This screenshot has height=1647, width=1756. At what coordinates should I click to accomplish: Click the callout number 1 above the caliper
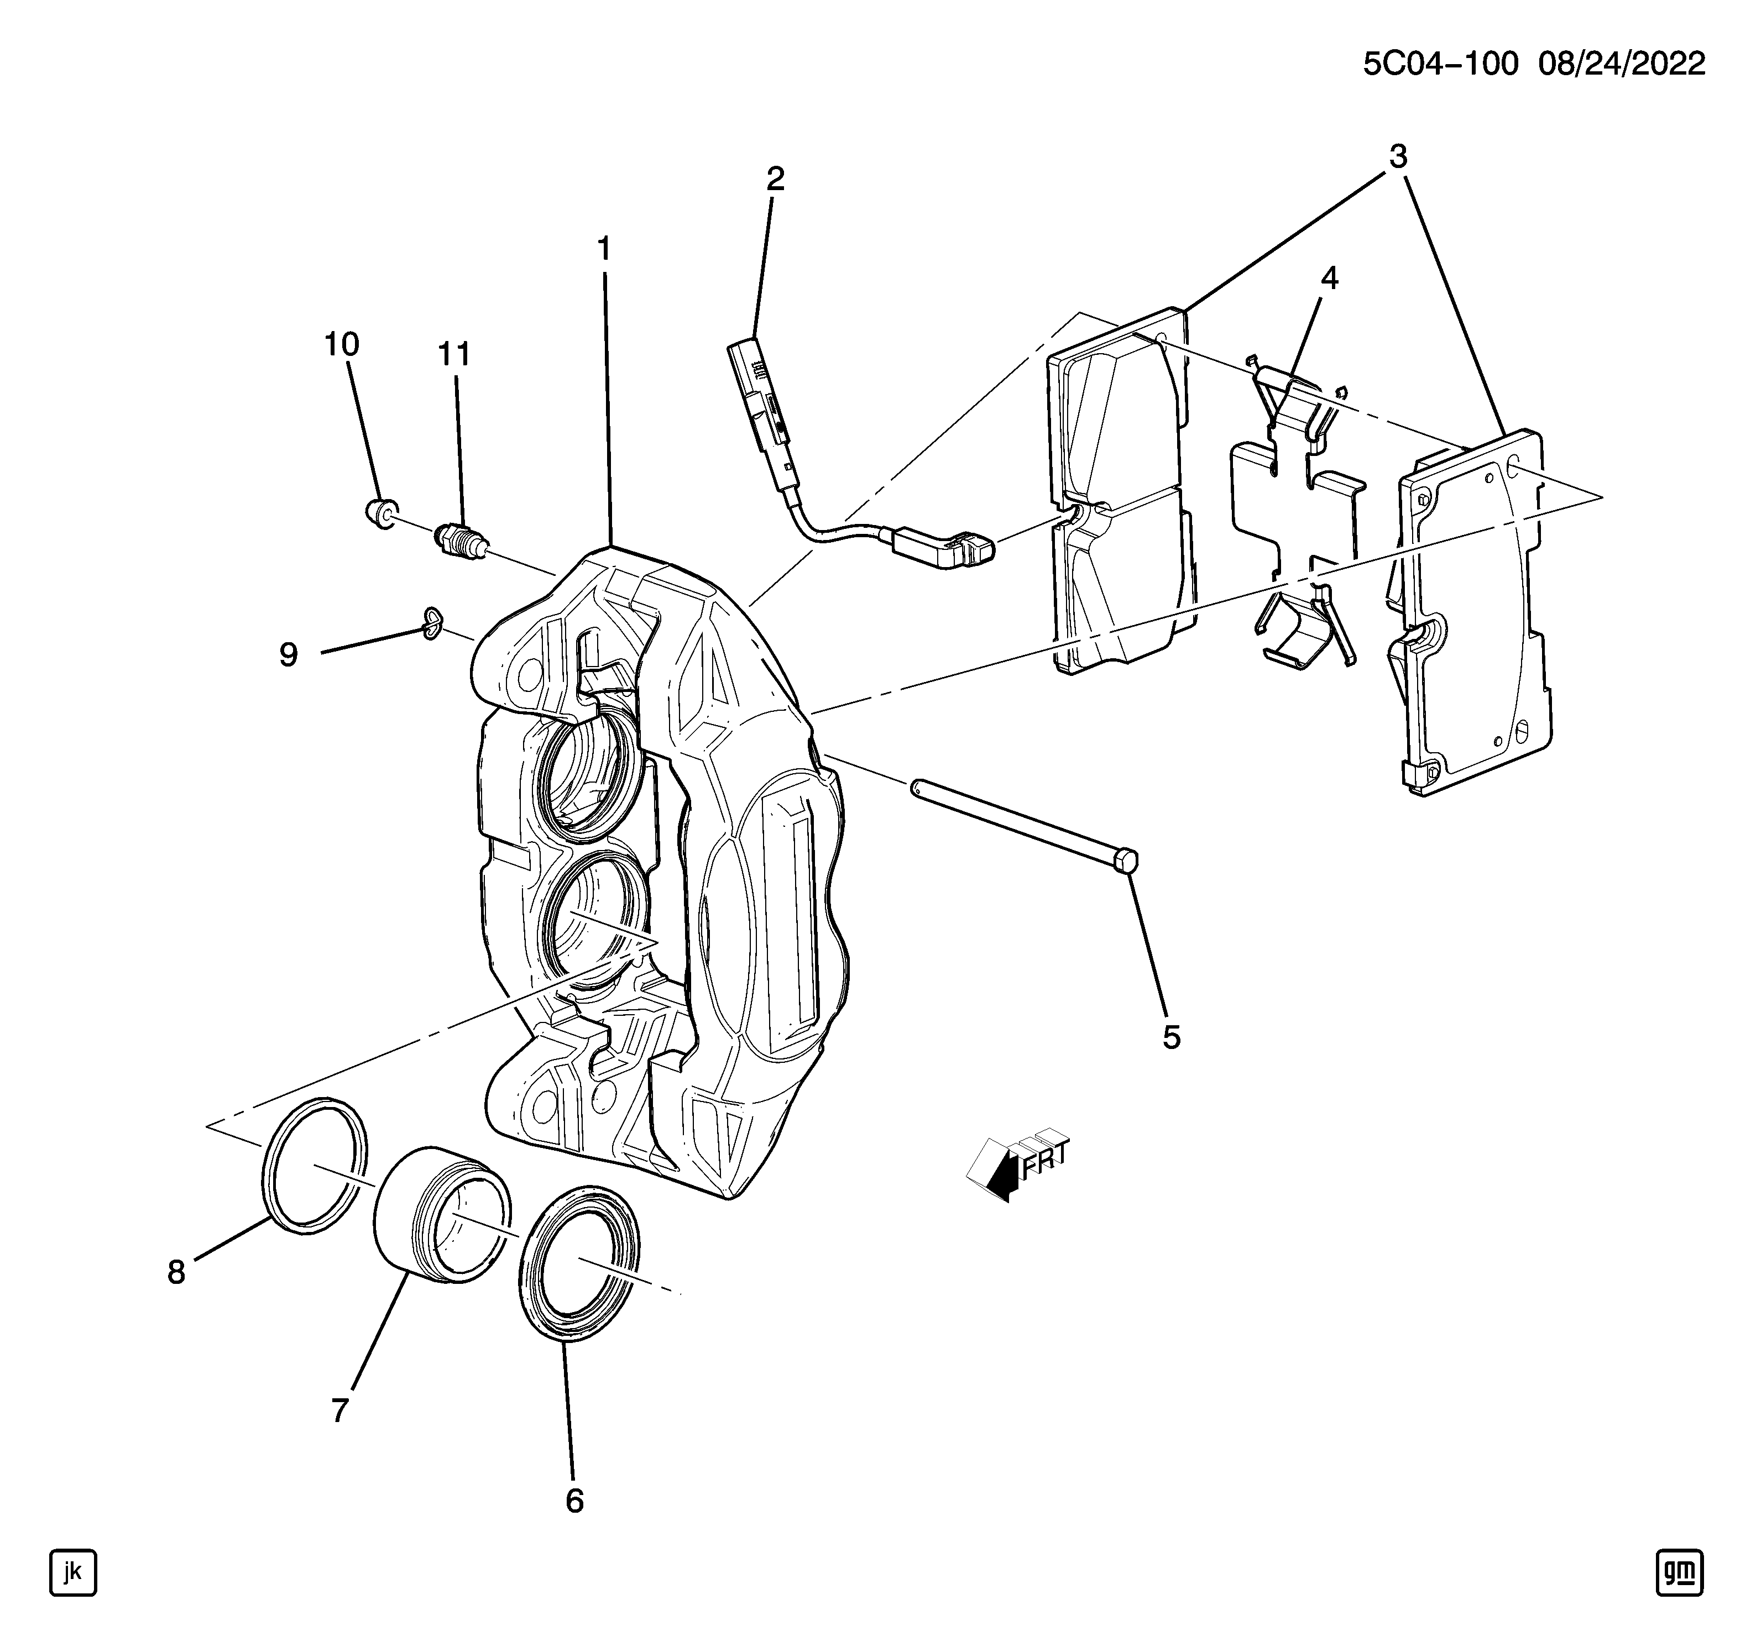604,250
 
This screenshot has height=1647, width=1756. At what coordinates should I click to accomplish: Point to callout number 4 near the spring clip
1329,279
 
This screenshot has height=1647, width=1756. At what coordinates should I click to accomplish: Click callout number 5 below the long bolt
1171,1037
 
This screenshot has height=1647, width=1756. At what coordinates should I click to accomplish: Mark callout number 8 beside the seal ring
177,1273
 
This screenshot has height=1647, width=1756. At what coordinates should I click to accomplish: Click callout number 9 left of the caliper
288,654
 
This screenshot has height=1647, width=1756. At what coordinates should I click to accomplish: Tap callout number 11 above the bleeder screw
454,354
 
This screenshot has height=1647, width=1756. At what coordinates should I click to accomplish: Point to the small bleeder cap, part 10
381,512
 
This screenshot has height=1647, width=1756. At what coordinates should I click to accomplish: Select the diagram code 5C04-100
1440,65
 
